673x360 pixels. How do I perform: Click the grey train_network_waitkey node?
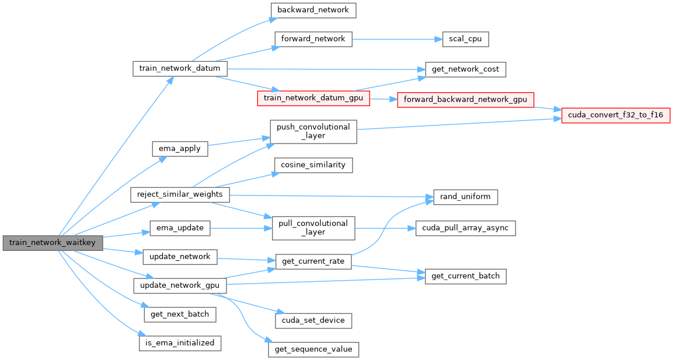coord(53,243)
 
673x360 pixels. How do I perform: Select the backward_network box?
coord(313,10)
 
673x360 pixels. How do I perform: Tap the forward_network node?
coord(313,39)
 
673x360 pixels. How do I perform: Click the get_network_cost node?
coord(465,69)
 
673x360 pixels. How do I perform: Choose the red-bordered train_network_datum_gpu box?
coord(313,98)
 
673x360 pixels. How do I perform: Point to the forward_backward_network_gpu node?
coord(465,100)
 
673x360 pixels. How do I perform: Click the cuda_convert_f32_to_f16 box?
coord(616,116)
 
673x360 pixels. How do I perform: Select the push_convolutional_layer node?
coord(313,131)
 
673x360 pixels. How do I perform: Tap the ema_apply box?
coord(180,149)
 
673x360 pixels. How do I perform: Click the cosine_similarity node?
coord(313,165)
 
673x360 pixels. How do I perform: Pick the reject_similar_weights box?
coord(180,194)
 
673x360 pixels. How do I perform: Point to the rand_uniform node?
coord(465,197)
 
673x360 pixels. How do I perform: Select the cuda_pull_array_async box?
coord(465,228)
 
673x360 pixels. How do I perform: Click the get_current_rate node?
coord(313,261)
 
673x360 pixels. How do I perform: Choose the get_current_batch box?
coord(465,276)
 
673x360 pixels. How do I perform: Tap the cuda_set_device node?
coord(313,320)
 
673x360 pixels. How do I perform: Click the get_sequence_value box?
coord(313,349)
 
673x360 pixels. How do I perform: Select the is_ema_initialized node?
coord(180,343)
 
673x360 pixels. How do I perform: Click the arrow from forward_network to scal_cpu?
coord(397,39)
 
